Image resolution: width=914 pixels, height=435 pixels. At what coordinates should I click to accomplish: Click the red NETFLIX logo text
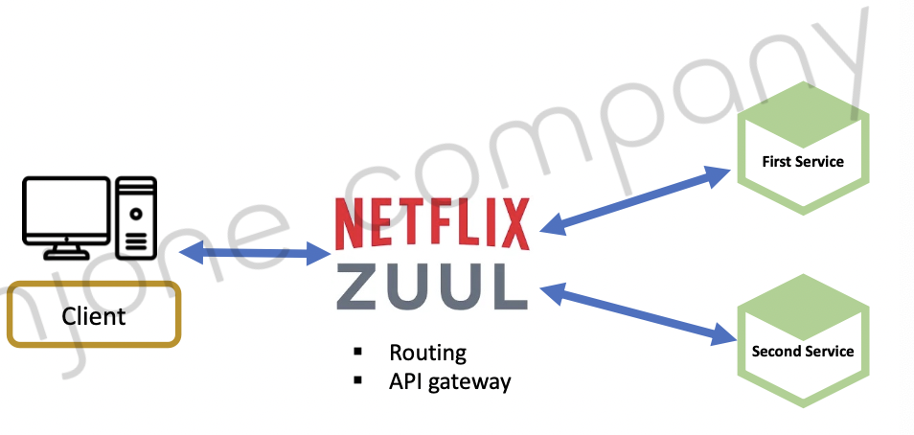[x=431, y=222]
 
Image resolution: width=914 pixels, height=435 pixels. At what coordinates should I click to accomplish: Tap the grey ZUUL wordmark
[x=431, y=285]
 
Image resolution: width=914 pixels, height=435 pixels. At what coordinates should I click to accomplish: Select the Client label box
[x=94, y=314]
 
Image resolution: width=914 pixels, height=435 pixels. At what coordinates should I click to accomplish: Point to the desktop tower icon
[x=136, y=217]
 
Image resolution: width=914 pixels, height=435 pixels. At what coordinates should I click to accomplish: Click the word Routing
[x=427, y=353]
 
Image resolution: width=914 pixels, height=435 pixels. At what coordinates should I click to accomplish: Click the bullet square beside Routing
[x=358, y=351]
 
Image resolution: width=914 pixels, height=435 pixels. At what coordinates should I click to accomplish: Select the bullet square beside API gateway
[x=358, y=380]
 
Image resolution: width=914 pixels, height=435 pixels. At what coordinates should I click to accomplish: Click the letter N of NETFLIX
[x=348, y=223]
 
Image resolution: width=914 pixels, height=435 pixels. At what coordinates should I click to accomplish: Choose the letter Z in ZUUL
[x=359, y=285]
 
